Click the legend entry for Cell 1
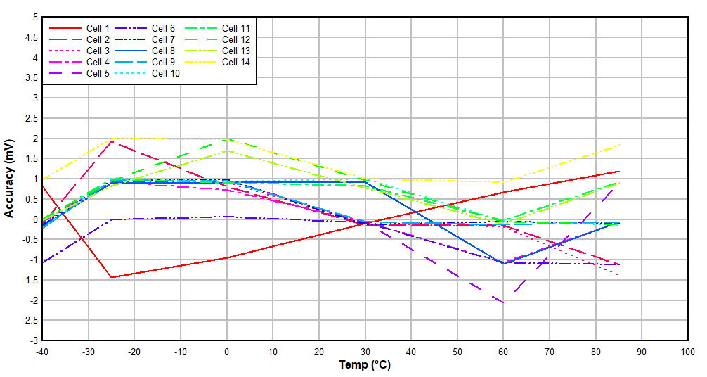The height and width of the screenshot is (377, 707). pyautogui.click(x=98, y=28)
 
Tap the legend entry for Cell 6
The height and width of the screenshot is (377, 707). pyautogui.click(x=164, y=28)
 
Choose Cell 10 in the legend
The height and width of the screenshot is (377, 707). pyautogui.click(x=166, y=73)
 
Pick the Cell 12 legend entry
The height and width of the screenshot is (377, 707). pyautogui.click(x=236, y=39)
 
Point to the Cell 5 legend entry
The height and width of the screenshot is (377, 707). pyautogui.click(x=98, y=73)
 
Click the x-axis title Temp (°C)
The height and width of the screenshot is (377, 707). pyautogui.click(x=364, y=365)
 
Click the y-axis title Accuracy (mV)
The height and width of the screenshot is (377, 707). pyautogui.click(x=9, y=179)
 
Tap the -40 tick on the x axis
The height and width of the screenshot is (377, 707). pyautogui.click(x=42, y=351)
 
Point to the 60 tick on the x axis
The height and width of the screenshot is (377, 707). pyautogui.click(x=502, y=351)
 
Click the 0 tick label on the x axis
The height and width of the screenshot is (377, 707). pyautogui.click(x=226, y=351)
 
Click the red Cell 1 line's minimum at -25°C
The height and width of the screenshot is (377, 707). pyautogui.click(x=111, y=277)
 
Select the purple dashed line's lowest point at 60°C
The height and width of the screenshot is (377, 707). pyautogui.click(x=502, y=302)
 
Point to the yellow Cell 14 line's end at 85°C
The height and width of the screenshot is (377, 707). pyautogui.click(x=618, y=146)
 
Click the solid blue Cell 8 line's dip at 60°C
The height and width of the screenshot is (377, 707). pyautogui.click(x=502, y=263)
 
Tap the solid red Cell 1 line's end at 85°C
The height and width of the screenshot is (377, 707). pyautogui.click(x=618, y=172)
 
